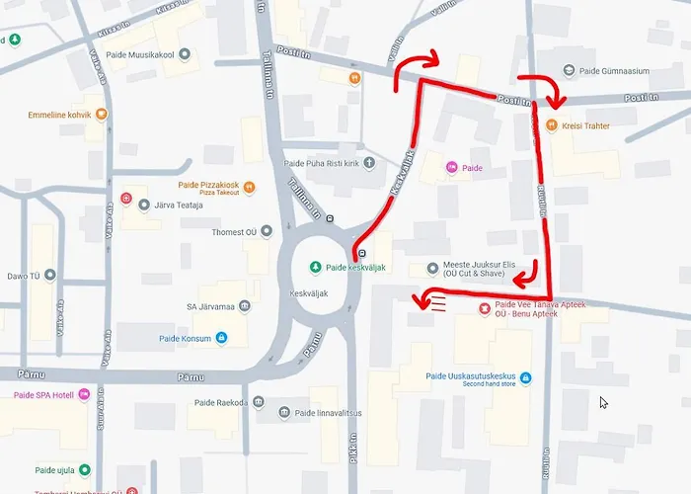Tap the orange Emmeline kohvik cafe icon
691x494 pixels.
click(x=101, y=115)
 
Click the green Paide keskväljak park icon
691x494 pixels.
click(x=316, y=267)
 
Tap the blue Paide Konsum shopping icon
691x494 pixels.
click(x=221, y=338)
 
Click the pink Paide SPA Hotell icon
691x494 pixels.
click(x=84, y=394)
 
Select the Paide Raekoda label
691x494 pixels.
click(x=216, y=402)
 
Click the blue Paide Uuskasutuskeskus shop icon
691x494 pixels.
click(x=525, y=376)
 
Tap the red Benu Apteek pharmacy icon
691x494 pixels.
click(x=484, y=308)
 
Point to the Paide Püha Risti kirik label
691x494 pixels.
click(x=321, y=163)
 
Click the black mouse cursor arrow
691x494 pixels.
click(x=603, y=402)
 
